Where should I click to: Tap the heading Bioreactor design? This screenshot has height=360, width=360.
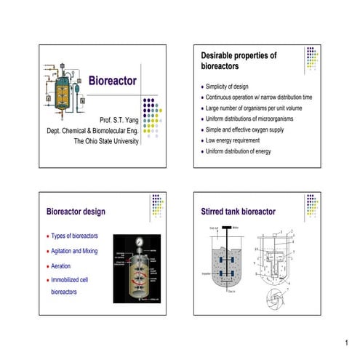coord(76,212)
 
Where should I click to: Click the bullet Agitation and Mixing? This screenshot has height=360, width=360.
coord(81,251)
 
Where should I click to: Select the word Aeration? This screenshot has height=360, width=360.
coord(67,265)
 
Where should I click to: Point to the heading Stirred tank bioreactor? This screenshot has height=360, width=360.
coord(238,212)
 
